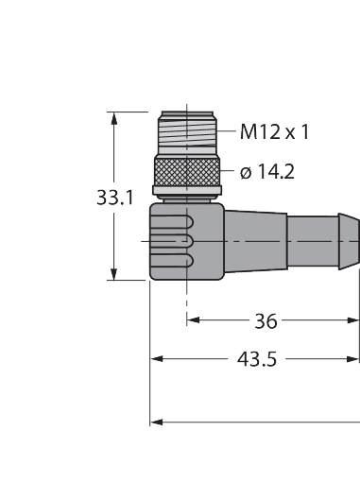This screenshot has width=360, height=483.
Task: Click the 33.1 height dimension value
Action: pos(114,198)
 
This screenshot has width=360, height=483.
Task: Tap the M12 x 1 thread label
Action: pos(274,132)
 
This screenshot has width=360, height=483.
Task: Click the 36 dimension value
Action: pos(266,321)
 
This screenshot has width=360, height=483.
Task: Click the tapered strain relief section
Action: pos(255,241)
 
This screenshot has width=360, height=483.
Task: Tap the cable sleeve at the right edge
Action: pos(326,241)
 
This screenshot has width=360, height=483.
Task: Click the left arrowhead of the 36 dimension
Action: pos(194,321)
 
